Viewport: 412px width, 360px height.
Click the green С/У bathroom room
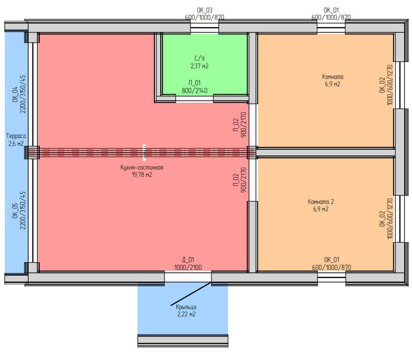pyautogui.click(x=205, y=64)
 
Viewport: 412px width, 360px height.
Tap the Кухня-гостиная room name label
pyautogui.click(x=142, y=168)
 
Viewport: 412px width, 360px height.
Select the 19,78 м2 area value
pyautogui.click(x=142, y=174)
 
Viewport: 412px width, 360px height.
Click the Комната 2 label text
pyautogui.click(x=321, y=202)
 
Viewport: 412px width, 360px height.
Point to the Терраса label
pyautogui.click(x=16, y=136)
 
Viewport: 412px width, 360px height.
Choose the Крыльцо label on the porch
pyautogui.click(x=186, y=307)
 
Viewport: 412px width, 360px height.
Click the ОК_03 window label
pyautogui.click(x=205, y=10)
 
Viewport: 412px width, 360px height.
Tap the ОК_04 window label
pyautogui.click(x=15, y=94)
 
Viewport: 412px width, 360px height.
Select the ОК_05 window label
pyautogui.click(x=15, y=210)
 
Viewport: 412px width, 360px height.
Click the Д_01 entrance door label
pyautogui.click(x=188, y=260)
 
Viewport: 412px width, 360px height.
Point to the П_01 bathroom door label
pyautogui.click(x=195, y=83)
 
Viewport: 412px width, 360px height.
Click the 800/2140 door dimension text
pyautogui.click(x=195, y=91)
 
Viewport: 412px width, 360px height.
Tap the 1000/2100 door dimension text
pyautogui.click(x=188, y=267)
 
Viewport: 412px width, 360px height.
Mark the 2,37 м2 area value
pyautogui.click(x=199, y=66)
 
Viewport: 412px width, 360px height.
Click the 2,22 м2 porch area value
pyautogui.click(x=186, y=314)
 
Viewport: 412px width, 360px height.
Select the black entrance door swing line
pyautogui.click(x=191, y=294)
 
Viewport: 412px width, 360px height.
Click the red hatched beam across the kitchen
pyautogui.click(x=142, y=153)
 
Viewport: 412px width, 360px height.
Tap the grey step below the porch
pyautogui.click(x=183, y=341)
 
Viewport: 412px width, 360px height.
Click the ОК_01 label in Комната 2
pyautogui.click(x=332, y=260)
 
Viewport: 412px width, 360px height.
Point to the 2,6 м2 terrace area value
pyautogui.click(x=16, y=143)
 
